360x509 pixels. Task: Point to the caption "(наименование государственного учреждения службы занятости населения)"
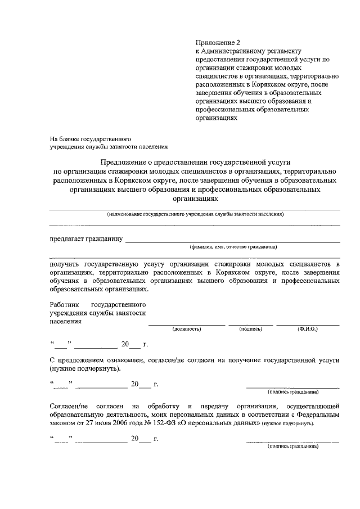(x=195, y=214)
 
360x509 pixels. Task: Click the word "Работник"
(x=63, y=304)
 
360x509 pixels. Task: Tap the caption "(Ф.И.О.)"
(x=308, y=328)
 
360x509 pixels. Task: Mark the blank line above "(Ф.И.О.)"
(x=308, y=325)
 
